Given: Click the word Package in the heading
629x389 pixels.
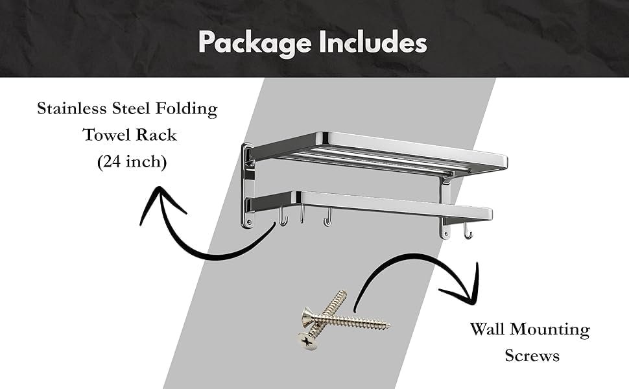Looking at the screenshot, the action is tap(255, 43).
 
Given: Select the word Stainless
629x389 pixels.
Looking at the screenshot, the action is tap(72, 108).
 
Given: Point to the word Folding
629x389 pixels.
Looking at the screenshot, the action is tap(187, 109).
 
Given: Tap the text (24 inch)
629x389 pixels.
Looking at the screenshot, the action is tap(132, 161).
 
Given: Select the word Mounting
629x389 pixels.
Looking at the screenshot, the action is tap(550, 330).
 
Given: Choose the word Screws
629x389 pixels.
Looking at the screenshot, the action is tap(532, 355).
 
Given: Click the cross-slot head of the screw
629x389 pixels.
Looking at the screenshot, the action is tap(307, 341).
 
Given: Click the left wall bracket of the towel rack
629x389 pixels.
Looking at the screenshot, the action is tap(248, 185).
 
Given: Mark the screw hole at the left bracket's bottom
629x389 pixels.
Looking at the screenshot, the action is tap(249, 222).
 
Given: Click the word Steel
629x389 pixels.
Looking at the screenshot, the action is tap(131, 108).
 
